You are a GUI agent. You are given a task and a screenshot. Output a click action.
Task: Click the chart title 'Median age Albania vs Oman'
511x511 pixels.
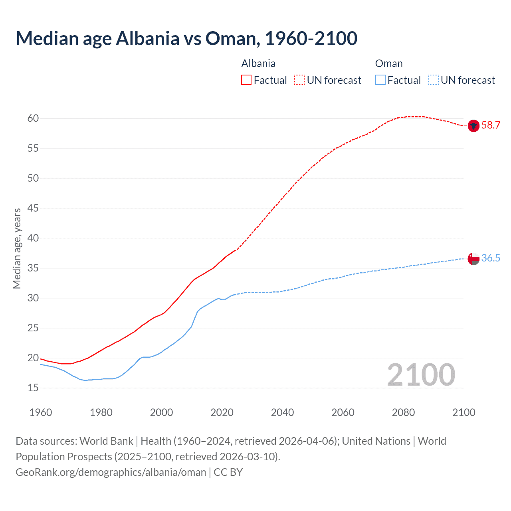click(186, 38)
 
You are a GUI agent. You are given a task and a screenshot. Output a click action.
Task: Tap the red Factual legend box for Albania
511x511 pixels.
click(246, 80)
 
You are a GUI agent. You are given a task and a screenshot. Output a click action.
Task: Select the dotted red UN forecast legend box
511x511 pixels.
click(299, 80)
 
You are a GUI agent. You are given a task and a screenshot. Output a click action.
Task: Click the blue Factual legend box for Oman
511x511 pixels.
click(380, 80)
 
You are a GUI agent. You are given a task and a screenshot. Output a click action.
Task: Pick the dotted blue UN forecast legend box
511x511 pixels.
click(433, 80)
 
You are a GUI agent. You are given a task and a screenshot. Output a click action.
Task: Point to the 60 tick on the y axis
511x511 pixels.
click(33, 118)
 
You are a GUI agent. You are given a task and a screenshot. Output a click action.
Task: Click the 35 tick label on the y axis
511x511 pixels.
click(33, 268)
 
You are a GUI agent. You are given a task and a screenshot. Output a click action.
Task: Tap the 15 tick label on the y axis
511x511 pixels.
click(33, 388)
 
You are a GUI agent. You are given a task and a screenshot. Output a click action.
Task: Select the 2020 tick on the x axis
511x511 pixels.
click(222, 412)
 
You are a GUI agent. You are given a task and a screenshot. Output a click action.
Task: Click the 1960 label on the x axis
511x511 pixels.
click(41, 412)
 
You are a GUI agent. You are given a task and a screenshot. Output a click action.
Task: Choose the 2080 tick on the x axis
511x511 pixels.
click(403, 412)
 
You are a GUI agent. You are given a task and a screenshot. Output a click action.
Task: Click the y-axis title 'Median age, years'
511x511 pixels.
click(17, 248)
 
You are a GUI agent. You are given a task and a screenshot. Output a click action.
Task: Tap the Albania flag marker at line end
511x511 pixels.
click(473, 125)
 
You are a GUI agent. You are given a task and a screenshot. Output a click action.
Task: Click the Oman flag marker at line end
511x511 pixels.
click(473, 258)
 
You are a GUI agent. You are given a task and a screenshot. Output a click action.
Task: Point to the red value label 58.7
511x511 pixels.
click(491, 125)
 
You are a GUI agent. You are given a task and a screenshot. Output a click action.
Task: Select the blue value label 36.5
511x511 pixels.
click(491, 258)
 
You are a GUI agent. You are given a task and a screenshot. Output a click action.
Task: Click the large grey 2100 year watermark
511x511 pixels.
click(421, 374)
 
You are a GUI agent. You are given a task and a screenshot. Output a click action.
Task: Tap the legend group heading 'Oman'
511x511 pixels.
click(389, 63)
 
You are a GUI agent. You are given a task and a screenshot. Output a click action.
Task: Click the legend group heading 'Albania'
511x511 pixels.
click(258, 63)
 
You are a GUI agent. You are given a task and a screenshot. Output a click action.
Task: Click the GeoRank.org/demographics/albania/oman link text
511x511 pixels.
click(111, 472)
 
